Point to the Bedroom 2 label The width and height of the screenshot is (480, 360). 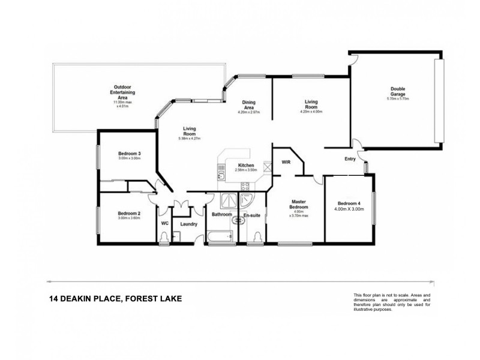[x=129, y=214]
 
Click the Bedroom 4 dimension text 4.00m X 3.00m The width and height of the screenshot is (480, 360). [x=350, y=209]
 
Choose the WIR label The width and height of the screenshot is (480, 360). [x=286, y=162]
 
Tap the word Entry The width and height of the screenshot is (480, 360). [x=350, y=159]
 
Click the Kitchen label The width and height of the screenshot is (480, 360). [x=247, y=165]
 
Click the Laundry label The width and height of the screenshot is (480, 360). [x=189, y=224]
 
